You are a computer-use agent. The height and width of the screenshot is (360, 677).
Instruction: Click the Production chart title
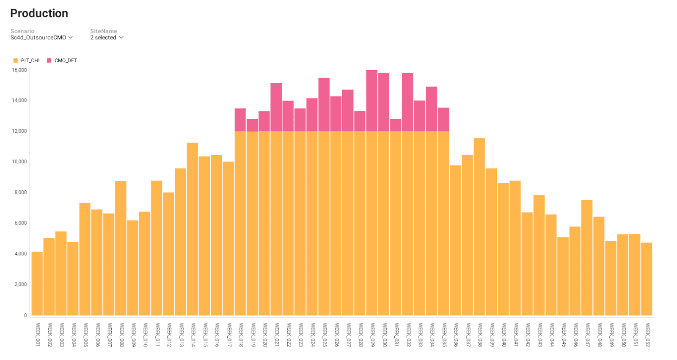39,14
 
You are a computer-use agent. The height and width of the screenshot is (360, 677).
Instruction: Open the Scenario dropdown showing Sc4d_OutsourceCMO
41,38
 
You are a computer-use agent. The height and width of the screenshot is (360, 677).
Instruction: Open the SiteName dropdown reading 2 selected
107,38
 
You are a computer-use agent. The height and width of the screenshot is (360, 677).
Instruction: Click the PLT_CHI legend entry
27,60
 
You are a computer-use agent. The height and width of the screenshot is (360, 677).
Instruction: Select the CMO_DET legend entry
62,60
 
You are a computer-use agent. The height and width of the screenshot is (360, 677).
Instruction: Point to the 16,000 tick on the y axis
19,70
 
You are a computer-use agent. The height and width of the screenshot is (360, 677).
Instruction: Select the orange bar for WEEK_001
37,283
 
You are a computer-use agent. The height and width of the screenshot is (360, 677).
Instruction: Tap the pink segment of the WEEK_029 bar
372,101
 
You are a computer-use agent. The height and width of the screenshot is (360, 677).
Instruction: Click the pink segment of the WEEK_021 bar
276,107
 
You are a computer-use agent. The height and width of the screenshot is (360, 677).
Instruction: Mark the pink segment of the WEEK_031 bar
396,125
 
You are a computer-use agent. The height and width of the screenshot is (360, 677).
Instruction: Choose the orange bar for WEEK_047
587,258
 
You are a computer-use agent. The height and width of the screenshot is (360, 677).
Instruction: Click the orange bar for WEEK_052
647,279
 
